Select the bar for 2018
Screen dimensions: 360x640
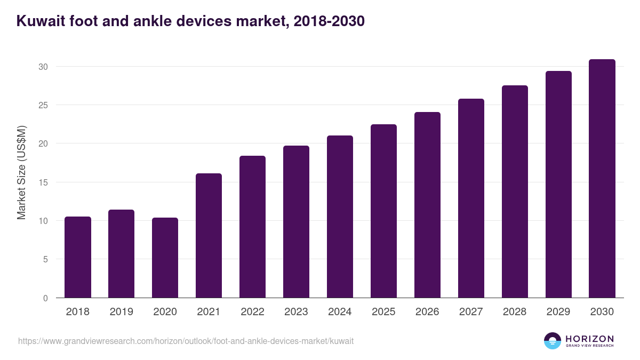[x=78, y=257]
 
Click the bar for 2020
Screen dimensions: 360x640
[x=165, y=258]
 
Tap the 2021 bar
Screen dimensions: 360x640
[x=209, y=235]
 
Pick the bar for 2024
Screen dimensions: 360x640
[x=340, y=217]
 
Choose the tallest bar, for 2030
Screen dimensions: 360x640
[x=602, y=178]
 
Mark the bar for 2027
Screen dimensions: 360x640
[x=471, y=198]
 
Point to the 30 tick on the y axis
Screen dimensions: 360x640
[x=43, y=67]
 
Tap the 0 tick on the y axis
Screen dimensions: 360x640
[x=45, y=298]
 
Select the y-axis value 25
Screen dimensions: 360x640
[x=43, y=105]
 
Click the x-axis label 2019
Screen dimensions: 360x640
[x=122, y=312]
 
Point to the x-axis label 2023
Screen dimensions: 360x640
[x=296, y=312]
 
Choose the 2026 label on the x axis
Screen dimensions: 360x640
[x=427, y=312]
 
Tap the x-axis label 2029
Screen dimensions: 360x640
[x=558, y=312]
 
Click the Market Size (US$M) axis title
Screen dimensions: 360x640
[x=21, y=173]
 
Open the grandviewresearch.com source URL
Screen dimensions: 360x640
[x=186, y=341]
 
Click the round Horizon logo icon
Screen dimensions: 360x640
[x=553, y=341]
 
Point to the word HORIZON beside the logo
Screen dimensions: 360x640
[x=589, y=338]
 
